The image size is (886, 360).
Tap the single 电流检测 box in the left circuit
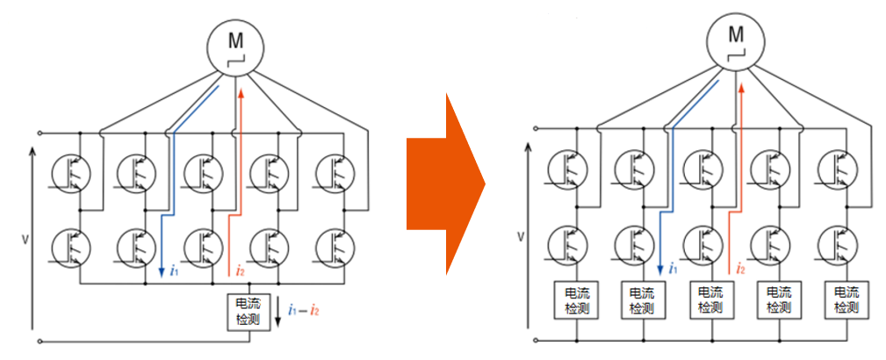[249, 311]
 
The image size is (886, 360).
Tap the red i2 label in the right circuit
[741, 268]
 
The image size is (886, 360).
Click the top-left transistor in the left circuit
[67, 171]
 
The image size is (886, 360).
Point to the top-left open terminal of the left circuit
[39, 133]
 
